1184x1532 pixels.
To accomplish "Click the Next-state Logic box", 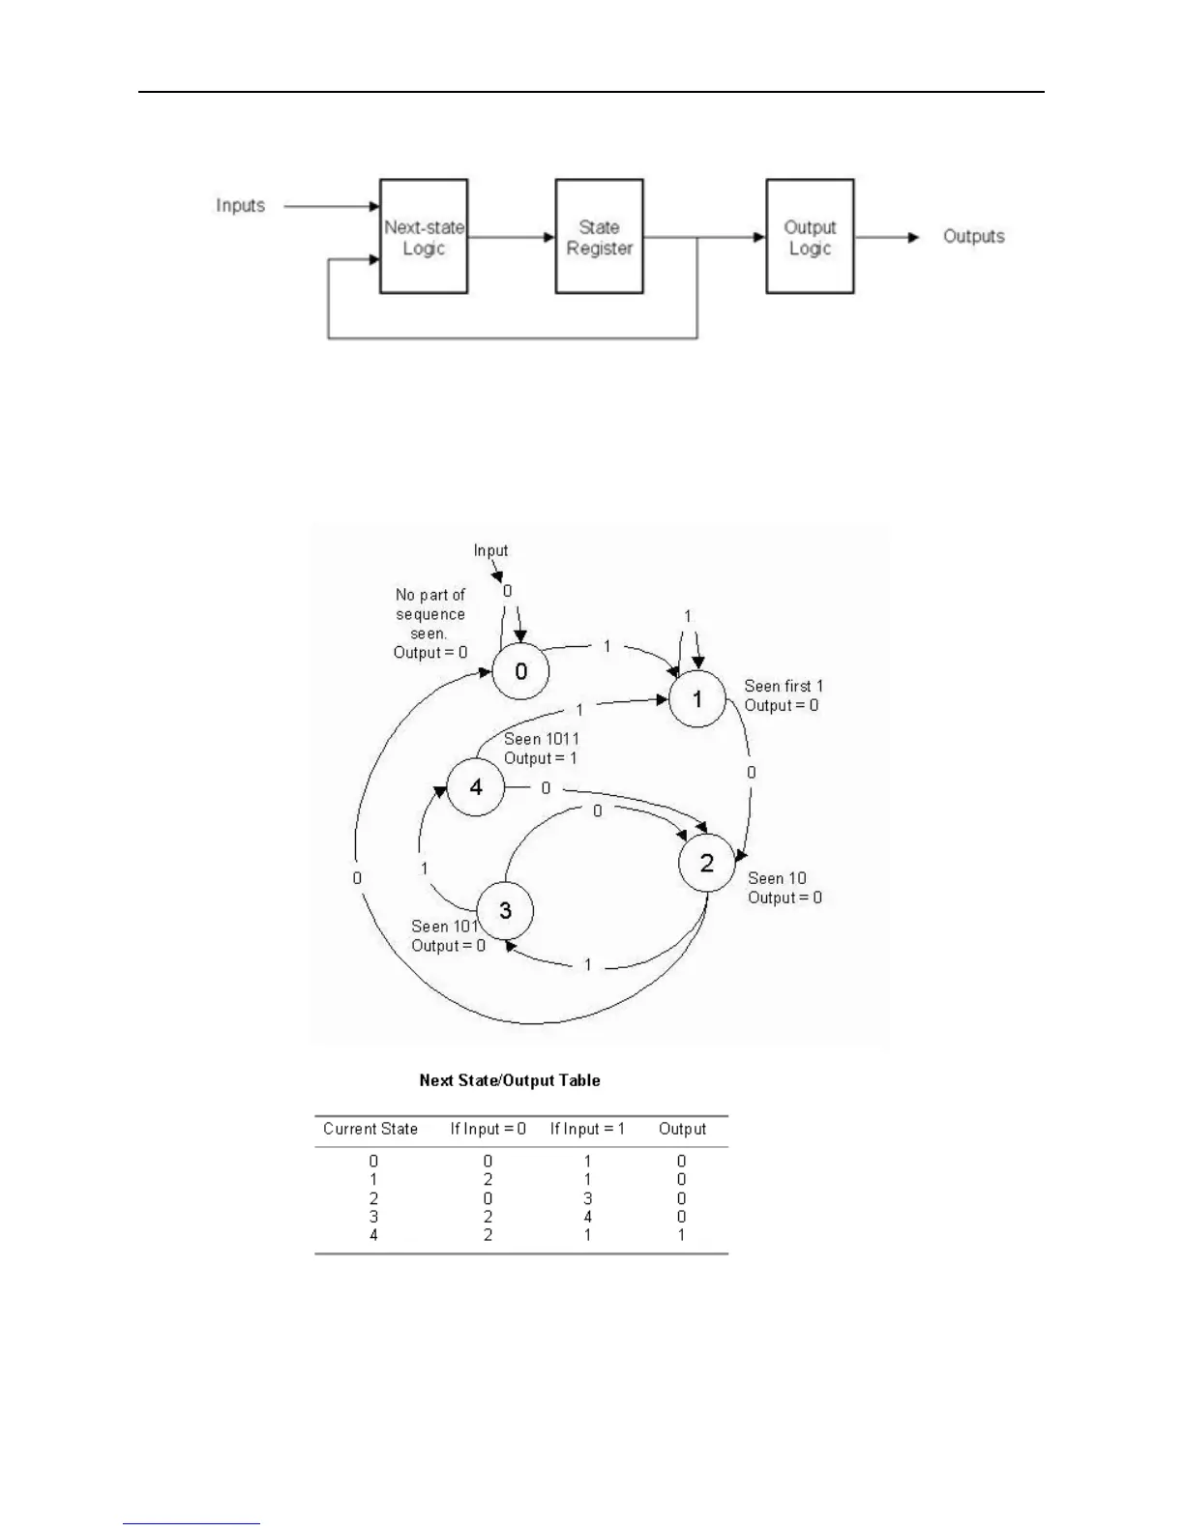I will pyautogui.click(x=424, y=237).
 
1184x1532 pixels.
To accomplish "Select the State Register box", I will pyautogui.click(x=599, y=237).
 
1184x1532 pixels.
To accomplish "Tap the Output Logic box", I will pyautogui.click(x=810, y=237).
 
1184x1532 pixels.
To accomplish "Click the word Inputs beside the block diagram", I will pyautogui.click(x=240, y=206).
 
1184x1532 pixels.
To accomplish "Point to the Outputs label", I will pyautogui.click(x=973, y=237).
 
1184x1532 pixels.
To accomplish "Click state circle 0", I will pyautogui.click(x=520, y=671).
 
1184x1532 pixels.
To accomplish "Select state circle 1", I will pyautogui.click(x=697, y=698).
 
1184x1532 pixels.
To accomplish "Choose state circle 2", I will pyautogui.click(x=707, y=863).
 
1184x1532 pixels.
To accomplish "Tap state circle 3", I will pyautogui.click(x=505, y=910).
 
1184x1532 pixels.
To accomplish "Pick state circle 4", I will pyautogui.click(x=476, y=787).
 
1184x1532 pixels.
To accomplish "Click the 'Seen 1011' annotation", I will pyautogui.click(x=542, y=740).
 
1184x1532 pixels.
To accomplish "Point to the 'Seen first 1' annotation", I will pyautogui.click(x=784, y=687).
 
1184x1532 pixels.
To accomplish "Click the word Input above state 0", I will pyautogui.click(x=490, y=550).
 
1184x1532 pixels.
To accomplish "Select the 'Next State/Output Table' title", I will pyautogui.click(x=510, y=1080).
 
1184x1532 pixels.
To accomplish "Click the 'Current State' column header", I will pyautogui.click(x=370, y=1129).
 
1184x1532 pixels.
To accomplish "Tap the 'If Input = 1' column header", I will pyautogui.click(x=587, y=1129).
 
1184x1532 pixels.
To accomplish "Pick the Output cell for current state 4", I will pyautogui.click(x=681, y=1235).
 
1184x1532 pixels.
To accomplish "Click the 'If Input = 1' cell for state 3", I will pyautogui.click(x=587, y=1217).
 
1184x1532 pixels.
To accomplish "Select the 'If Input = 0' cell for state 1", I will pyautogui.click(x=488, y=1180).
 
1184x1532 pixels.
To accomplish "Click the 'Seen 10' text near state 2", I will pyautogui.click(x=777, y=879).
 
